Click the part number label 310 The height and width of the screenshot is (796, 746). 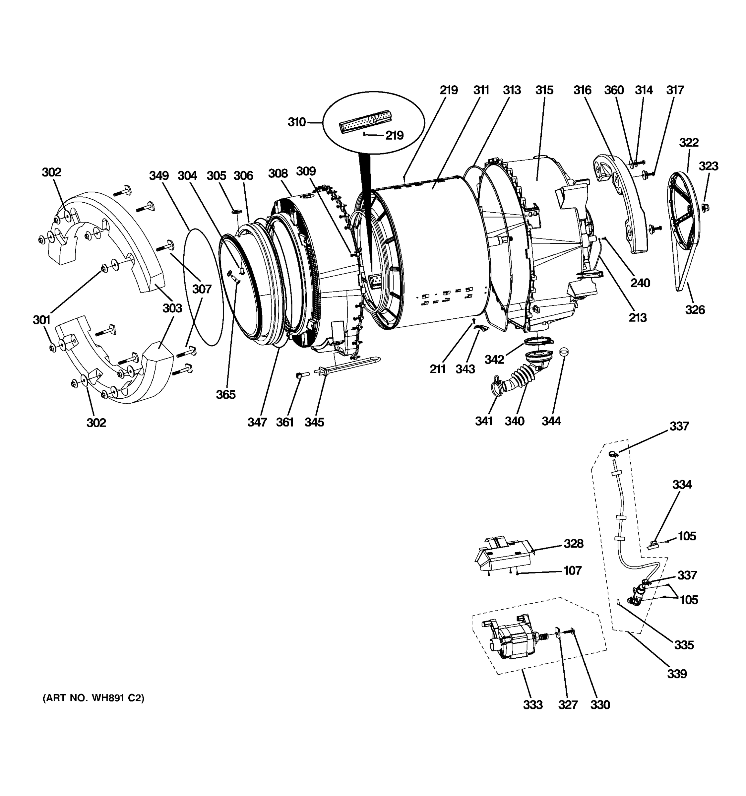(296, 122)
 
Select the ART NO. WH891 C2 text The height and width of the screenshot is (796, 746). (93, 698)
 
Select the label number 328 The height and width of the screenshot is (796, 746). (574, 543)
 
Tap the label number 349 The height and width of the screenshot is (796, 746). (159, 175)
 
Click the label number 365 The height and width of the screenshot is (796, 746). (226, 394)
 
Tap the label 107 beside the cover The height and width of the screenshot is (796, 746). (572, 570)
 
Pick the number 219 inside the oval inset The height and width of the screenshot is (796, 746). (394, 135)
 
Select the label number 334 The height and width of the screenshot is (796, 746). (682, 485)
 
